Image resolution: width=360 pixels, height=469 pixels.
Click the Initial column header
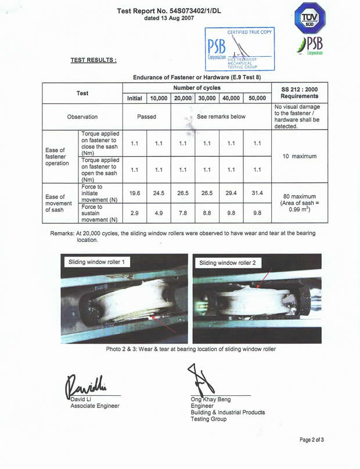pos(134,98)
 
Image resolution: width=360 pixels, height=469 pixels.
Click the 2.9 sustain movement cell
pos(134,212)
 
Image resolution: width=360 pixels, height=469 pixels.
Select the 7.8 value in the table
pos(182,212)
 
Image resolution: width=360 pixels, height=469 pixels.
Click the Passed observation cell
pos(146,117)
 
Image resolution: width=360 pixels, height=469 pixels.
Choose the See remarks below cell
pos(221,117)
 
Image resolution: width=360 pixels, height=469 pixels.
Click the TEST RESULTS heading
pos(93,60)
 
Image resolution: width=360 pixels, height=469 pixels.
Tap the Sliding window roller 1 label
pos(98,262)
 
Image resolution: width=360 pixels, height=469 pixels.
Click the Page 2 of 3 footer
pos(312,439)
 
